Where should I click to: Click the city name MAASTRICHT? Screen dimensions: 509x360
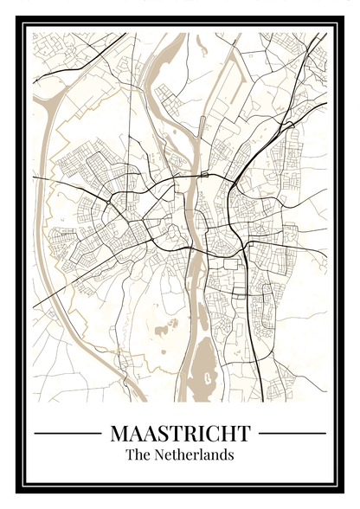[x=180, y=432]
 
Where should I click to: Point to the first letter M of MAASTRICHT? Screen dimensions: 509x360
[x=120, y=432]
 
